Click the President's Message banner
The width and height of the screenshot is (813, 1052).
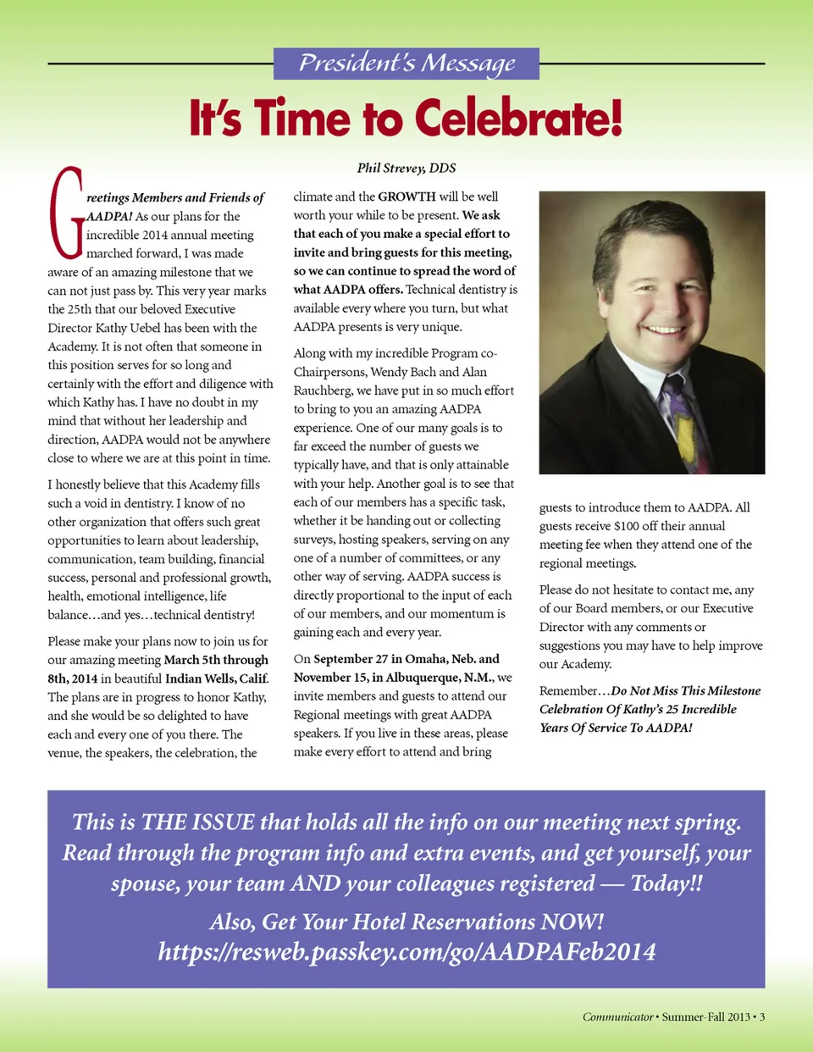coord(406,64)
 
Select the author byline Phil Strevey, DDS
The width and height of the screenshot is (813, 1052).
coord(406,168)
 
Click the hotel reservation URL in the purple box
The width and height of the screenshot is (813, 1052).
coord(406,951)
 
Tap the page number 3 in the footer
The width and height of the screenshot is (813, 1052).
coord(762,1016)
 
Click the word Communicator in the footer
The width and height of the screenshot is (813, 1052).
coord(617,1016)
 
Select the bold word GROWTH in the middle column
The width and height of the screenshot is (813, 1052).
coord(406,197)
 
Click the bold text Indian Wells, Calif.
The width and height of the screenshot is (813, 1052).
coord(217,678)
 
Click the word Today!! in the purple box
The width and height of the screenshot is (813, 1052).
coord(666,883)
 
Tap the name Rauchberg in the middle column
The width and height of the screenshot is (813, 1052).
coord(323,390)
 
